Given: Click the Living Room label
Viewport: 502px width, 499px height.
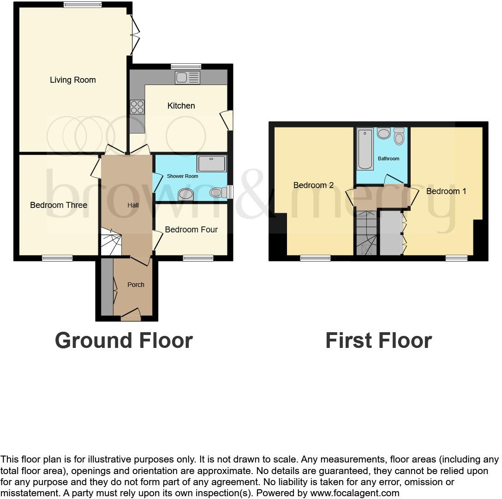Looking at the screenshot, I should point(73,80).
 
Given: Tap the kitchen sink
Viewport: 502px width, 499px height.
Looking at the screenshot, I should point(187,78).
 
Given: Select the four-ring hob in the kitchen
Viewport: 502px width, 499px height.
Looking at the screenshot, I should point(137,107).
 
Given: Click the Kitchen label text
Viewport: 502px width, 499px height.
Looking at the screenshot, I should point(181,106).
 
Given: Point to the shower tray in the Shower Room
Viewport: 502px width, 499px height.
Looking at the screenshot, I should point(212,164).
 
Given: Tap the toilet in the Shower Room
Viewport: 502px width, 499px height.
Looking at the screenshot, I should point(218,192).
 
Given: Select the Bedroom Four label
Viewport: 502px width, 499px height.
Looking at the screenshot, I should point(191,230).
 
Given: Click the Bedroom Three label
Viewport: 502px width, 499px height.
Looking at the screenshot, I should point(59,205).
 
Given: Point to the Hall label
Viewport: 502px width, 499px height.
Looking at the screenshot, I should point(133,205).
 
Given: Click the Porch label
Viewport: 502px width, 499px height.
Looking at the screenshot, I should point(136,285).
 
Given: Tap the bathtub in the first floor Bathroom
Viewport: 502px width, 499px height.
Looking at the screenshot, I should point(365,149).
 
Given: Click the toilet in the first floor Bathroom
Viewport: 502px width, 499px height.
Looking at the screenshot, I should point(399,137).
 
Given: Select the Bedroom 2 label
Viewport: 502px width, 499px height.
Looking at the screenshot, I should point(313,185).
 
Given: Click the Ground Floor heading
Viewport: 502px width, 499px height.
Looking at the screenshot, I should point(124,341).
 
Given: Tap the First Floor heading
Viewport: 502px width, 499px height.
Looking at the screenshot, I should point(378,341).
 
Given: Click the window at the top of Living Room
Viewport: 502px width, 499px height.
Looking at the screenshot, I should point(83,5).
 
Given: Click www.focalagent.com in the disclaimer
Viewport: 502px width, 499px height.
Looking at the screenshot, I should point(355,493).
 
